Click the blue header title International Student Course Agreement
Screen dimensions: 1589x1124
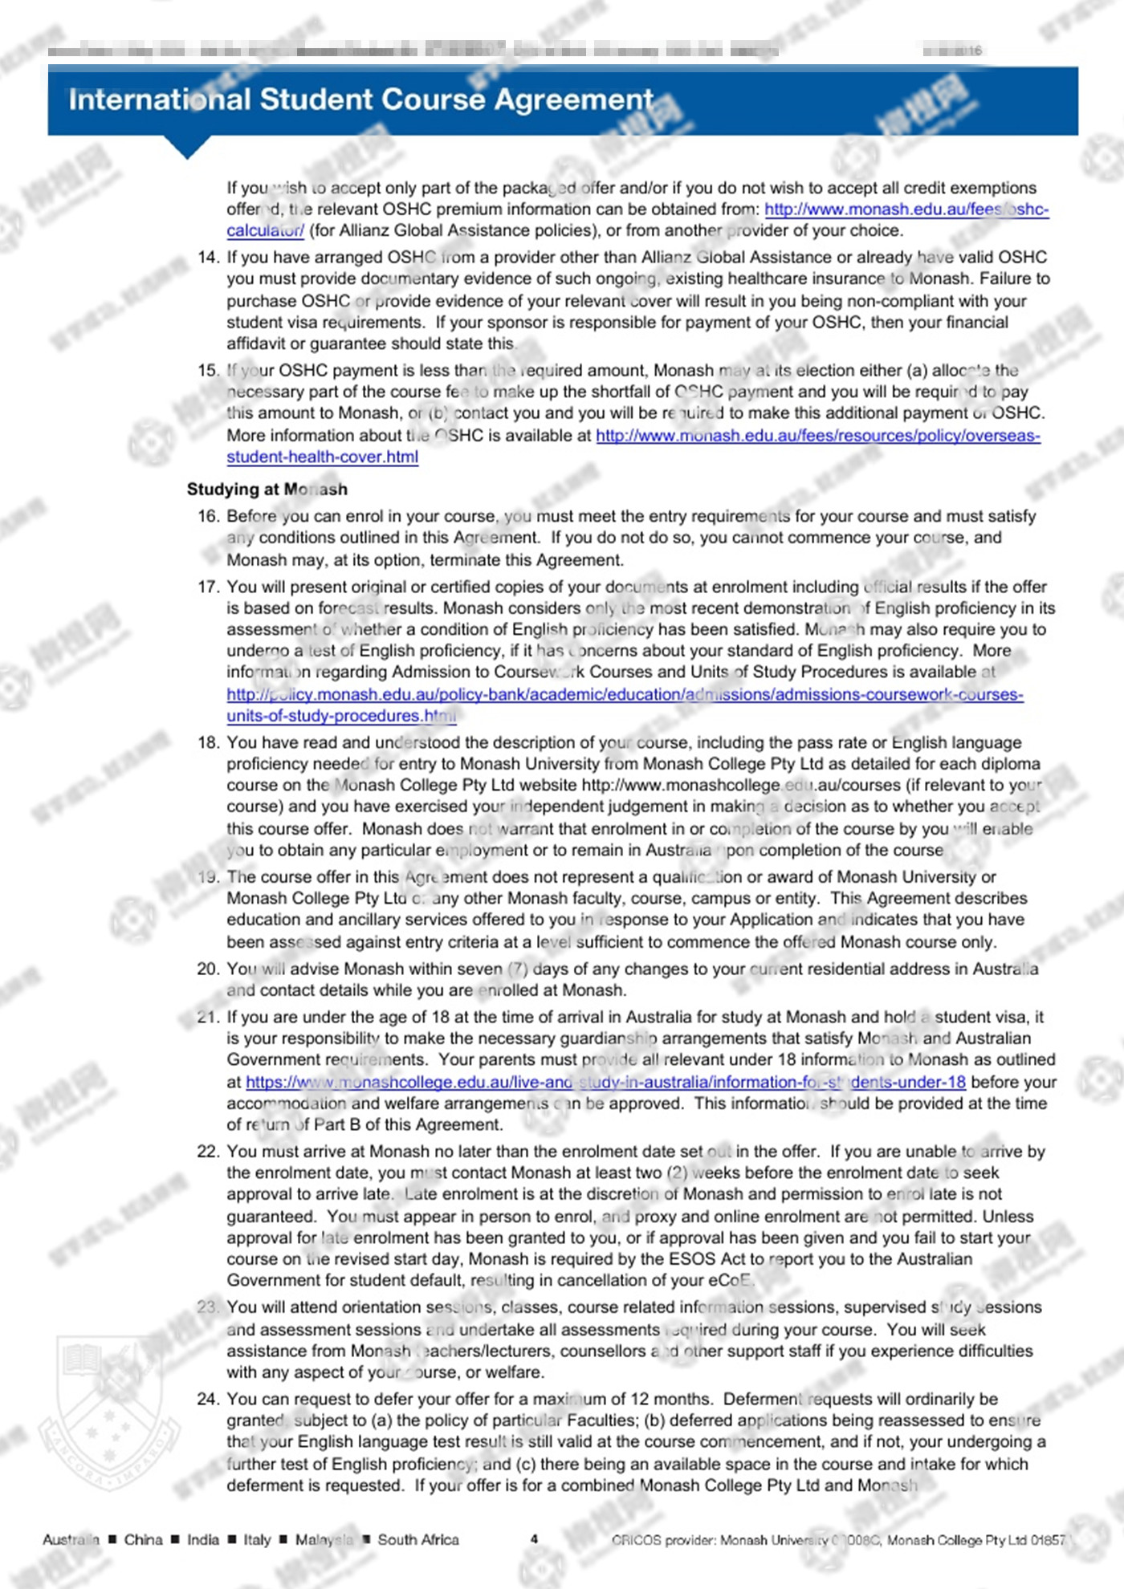click(x=360, y=100)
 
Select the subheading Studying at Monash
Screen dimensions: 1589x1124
click(x=267, y=489)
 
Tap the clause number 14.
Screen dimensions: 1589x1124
click(x=208, y=258)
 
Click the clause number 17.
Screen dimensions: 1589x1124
click(x=208, y=587)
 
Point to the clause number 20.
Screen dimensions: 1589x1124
click(x=208, y=969)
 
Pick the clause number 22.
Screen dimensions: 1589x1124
click(x=208, y=1152)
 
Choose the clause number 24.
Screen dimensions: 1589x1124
click(x=208, y=1399)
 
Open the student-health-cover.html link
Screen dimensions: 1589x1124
click(x=322, y=457)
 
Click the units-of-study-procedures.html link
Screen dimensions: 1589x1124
click(x=341, y=716)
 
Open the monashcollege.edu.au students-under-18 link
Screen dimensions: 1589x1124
click(x=605, y=1082)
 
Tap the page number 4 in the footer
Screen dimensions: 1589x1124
click(x=534, y=1539)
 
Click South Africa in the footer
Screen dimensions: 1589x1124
click(x=418, y=1539)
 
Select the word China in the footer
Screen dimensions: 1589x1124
click(x=143, y=1539)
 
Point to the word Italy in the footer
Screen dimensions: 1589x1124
click(x=257, y=1539)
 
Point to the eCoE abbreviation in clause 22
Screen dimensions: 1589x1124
click(x=729, y=1280)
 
